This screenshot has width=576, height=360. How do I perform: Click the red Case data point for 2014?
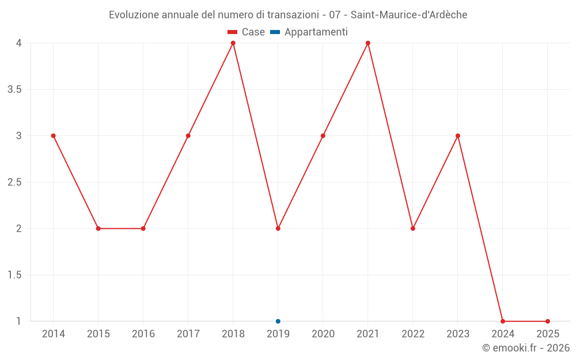pos(54,136)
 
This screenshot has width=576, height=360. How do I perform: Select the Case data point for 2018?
pos(233,43)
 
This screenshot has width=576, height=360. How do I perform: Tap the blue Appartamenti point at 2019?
pos(278,321)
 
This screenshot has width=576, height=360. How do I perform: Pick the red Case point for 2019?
pos(278,229)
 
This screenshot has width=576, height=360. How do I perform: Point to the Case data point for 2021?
pos(368,43)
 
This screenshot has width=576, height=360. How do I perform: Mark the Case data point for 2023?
pos(458,136)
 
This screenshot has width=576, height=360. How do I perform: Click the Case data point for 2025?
pos(548,321)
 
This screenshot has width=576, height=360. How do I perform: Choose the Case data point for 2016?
pos(143,229)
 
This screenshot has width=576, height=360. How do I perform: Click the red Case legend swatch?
pos(233,32)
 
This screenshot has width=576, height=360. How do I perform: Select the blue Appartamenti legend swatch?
pos(275,32)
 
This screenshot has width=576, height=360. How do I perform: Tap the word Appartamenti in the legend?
pos(316,32)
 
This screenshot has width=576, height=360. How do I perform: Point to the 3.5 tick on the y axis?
pos(15,89)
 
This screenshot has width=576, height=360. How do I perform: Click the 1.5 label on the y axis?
pos(15,275)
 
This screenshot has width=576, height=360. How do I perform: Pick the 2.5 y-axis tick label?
pos(15,182)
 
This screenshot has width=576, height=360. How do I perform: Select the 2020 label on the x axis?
pos(323,334)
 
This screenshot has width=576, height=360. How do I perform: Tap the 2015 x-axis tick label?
pos(98,334)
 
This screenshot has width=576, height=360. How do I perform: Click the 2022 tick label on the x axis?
pos(413,334)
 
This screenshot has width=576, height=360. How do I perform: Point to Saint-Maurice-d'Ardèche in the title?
pos(409,14)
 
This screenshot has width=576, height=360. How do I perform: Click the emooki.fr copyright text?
pos(526,348)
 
